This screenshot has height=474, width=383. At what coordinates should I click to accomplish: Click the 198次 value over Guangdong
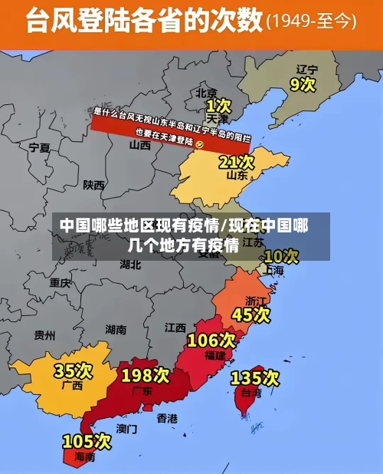[146, 375]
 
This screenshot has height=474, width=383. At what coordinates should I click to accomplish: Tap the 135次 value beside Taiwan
[254, 377]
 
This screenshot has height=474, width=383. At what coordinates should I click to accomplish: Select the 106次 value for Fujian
[211, 339]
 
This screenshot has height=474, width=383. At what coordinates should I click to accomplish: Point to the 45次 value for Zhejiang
[251, 314]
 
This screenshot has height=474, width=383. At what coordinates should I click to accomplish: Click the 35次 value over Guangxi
[73, 370]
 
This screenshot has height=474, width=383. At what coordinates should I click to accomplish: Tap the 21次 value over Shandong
[236, 162]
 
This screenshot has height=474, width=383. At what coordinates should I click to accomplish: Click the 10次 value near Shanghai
[280, 255]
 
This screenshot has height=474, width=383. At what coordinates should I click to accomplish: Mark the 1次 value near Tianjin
[218, 104]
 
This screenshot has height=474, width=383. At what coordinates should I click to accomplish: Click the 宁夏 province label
[39, 146]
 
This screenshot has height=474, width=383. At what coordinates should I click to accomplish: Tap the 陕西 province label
[94, 185]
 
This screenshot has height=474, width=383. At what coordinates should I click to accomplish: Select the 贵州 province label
[44, 335]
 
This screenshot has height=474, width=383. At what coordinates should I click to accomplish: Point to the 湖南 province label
[116, 330]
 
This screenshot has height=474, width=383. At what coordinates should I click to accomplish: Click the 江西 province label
[175, 328]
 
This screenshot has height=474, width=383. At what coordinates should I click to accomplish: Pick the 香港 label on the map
[167, 418]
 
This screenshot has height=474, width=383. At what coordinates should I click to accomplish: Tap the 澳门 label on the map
[126, 428]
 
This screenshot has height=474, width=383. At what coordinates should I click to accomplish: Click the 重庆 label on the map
[60, 282]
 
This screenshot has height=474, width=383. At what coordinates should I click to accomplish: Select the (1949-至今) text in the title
[311, 22]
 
